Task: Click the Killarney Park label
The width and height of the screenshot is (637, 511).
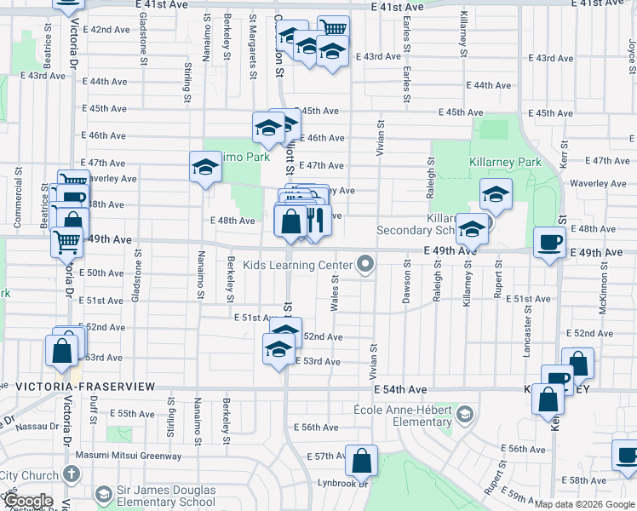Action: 505,162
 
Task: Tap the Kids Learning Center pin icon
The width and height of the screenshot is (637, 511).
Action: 366,265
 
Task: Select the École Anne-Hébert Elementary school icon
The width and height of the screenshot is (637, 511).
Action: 464,415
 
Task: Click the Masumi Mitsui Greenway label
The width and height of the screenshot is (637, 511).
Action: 128,455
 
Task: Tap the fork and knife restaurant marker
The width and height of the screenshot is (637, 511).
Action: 316,221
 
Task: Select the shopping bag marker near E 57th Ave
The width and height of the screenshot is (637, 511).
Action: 362,461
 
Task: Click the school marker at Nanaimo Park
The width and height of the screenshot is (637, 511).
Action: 205,167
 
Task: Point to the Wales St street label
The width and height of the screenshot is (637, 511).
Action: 336,294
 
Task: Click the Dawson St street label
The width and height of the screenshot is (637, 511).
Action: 406,282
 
